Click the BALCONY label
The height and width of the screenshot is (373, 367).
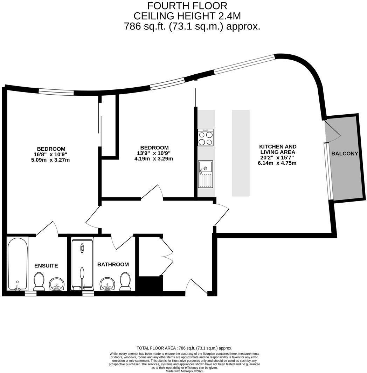345,154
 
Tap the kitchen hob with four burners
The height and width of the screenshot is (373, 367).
206,137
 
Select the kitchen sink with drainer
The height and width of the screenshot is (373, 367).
206,174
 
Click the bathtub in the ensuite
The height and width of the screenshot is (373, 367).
18,264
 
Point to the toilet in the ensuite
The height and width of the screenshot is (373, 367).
39,282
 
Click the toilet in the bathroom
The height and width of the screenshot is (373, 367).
125,282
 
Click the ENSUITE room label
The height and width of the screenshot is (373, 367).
46,266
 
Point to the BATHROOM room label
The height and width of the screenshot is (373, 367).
113,265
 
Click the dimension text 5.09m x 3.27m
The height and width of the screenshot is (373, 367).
50,160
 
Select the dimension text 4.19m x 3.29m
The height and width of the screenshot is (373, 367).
154,159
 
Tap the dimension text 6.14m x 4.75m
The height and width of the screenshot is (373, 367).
277,163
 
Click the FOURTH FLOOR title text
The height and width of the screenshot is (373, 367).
187,6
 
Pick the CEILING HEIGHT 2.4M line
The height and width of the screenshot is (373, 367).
187,16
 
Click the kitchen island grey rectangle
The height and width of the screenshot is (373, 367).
241,153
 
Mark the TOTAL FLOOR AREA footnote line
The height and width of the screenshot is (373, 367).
184,348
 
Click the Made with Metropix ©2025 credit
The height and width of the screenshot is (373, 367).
184,371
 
